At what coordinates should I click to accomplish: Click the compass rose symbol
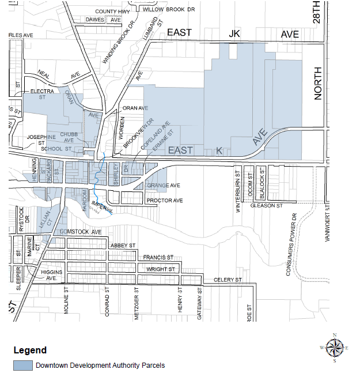pos(334,348)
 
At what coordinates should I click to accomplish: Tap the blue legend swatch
pos(23,365)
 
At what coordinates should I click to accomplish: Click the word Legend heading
pos(30,350)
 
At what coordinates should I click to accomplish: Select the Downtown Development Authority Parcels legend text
pos(100,365)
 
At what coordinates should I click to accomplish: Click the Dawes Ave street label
pos(104,20)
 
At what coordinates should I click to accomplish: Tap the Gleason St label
pos(266,205)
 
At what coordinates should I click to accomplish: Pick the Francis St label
pos(158,257)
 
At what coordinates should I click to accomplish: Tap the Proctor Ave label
pos(165,201)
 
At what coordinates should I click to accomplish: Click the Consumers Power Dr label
pos(294,245)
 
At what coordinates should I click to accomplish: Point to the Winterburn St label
pos(237,191)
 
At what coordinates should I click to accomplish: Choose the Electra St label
pos(42,95)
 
